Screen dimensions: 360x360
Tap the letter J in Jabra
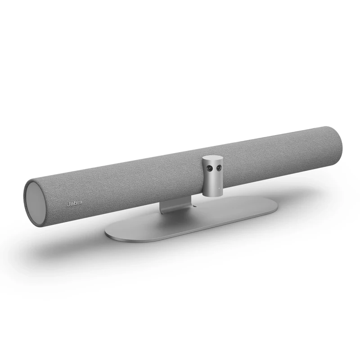tap(68, 204)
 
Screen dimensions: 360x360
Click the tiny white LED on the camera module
tap(218, 184)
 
